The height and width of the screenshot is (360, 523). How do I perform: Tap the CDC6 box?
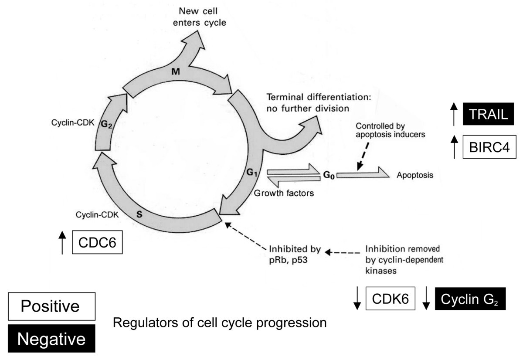97,242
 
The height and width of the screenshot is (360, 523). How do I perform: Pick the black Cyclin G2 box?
470,299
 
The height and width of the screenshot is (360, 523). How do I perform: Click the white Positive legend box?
51,306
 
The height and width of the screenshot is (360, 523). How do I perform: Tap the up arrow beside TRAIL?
453,114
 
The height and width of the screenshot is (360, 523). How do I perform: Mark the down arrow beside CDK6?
357,299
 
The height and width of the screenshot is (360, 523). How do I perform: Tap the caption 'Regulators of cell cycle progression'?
220,323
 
